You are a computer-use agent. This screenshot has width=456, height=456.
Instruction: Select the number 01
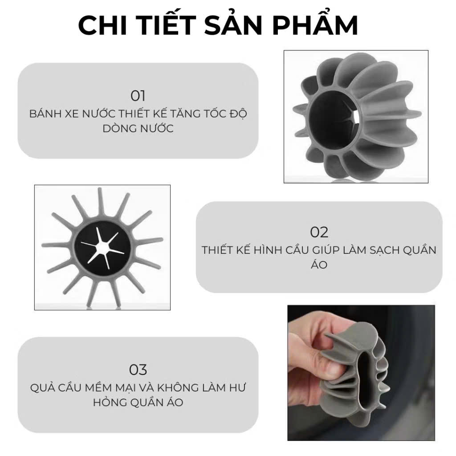tap(138, 96)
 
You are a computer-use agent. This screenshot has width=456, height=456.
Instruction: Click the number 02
tap(319, 232)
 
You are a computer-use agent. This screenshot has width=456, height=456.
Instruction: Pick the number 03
tap(138, 370)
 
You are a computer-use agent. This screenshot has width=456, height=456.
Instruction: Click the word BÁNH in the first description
tap(46, 113)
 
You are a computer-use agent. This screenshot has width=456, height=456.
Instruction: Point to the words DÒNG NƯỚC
tap(138, 129)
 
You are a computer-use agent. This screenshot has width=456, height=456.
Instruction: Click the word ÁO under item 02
tap(319, 264)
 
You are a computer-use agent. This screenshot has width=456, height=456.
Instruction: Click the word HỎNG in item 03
tap(110, 403)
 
